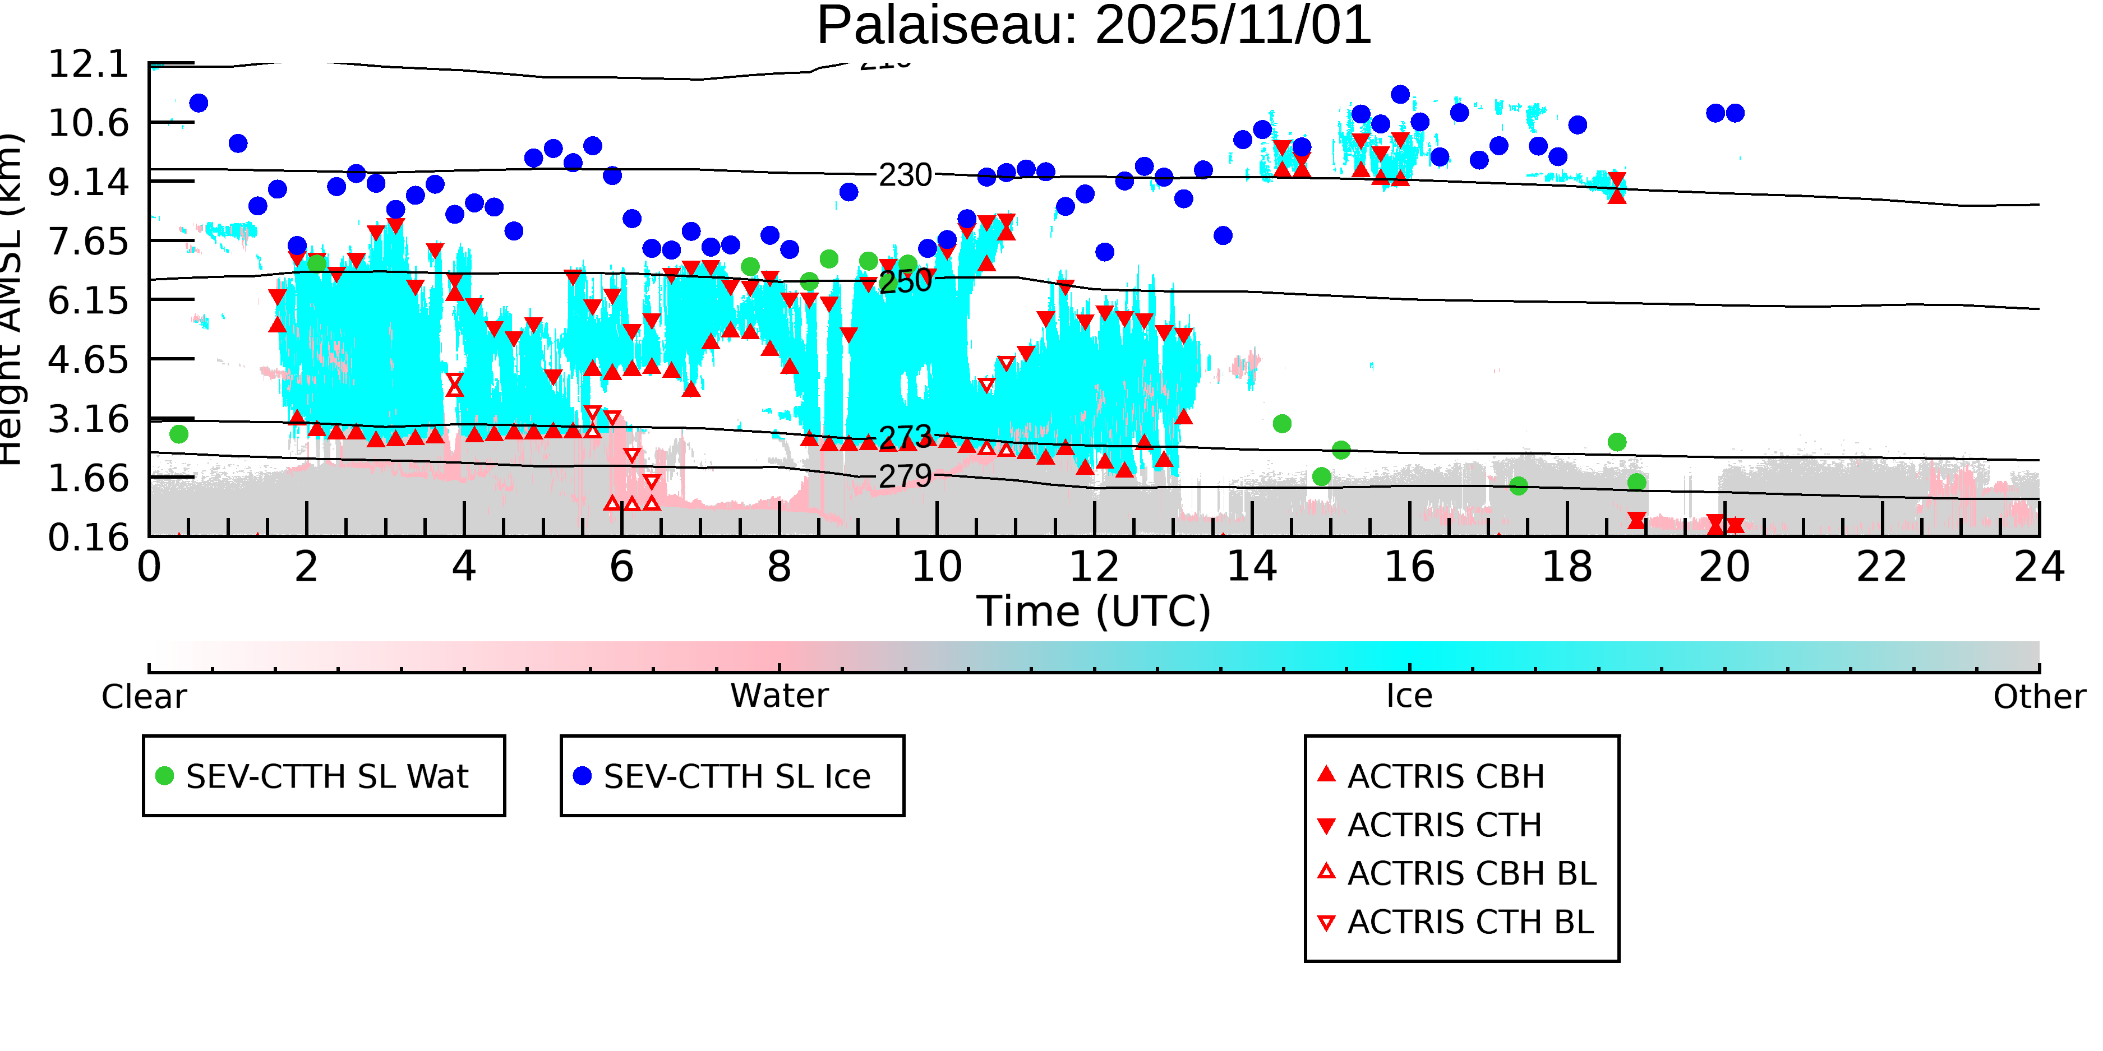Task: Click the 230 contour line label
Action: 905,175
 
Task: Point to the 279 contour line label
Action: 905,476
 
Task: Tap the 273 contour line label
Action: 905,437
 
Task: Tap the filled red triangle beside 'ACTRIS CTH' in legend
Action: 1327,826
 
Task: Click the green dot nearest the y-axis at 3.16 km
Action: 179,434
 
